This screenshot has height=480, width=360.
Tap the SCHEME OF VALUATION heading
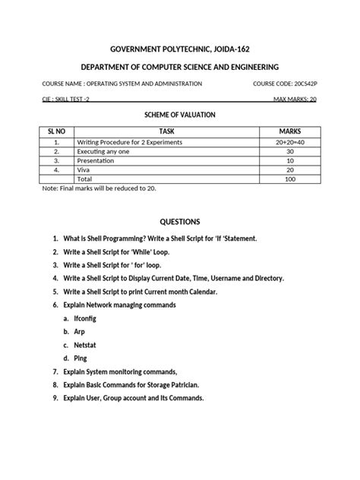[x=180, y=114]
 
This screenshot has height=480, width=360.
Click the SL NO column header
[x=56, y=131]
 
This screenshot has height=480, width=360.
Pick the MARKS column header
[x=290, y=131]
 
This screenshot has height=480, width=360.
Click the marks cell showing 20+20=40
[x=290, y=142]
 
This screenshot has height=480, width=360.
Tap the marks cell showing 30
[x=290, y=151]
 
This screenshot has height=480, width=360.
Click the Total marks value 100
[x=290, y=178]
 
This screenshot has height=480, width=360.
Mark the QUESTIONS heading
[x=179, y=222]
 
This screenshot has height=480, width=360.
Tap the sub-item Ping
[x=81, y=358]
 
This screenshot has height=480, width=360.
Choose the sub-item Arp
[x=80, y=331]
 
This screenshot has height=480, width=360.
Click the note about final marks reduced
[x=99, y=188]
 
